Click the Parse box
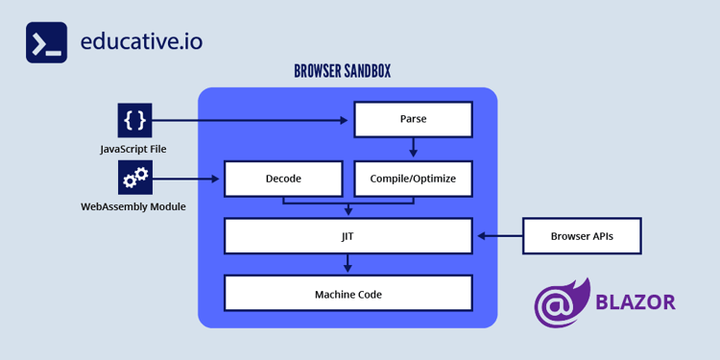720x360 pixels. pyautogui.click(x=413, y=120)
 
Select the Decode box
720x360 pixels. pyautogui.click(x=283, y=179)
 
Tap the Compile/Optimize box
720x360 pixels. pyautogui.click(x=413, y=179)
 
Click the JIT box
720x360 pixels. pyautogui.click(x=348, y=235)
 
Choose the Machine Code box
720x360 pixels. pyautogui.click(x=348, y=294)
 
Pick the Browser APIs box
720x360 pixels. pyautogui.click(x=582, y=235)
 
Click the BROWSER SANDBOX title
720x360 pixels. pyautogui.click(x=342, y=72)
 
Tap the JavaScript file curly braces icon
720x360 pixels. pyautogui.click(x=135, y=120)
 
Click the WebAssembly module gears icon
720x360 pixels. pyautogui.click(x=135, y=178)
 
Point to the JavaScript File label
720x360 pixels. pyautogui.click(x=133, y=149)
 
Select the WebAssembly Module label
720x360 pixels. pyautogui.click(x=133, y=207)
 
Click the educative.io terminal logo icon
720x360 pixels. pyautogui.click(x=46, y=43)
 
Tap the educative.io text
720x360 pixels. pyautogui.click(x=141, y=42)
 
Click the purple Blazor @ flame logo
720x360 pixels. pyautogui.click(x=563, y=302)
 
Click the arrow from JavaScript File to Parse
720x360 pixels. pyautogui.click(x=250, y=120)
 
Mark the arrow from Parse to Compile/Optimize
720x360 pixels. pyautogui.click(x=413, y=148)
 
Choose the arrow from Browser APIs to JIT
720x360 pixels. pyautogui.click(x=499, y=235)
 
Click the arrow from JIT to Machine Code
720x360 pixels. pyautogui.click(x=348, y=264)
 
